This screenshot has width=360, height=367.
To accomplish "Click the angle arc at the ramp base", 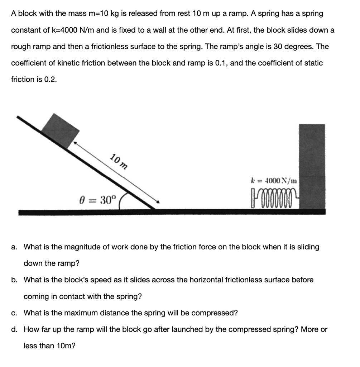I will (x=121, y=201).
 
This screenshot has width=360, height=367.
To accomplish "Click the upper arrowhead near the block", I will (x=76, y=143).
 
